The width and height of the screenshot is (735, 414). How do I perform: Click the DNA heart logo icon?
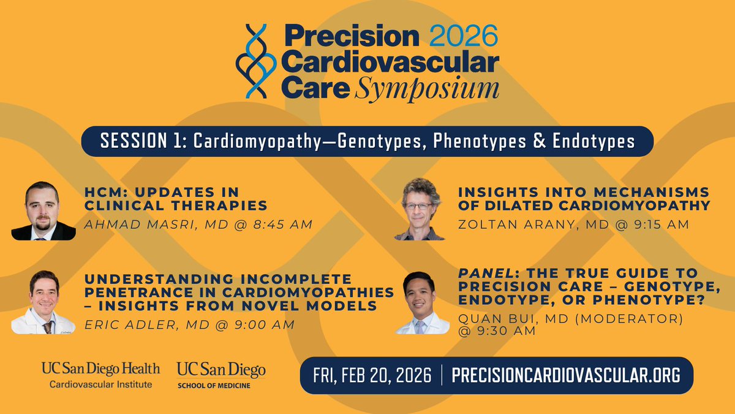(x=256, y=61)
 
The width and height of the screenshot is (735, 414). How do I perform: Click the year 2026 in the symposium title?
(x=464, y=36)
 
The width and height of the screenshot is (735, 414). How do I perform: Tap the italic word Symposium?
(x=427, y=89)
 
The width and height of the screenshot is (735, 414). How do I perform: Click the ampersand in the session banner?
(x=540, y=140)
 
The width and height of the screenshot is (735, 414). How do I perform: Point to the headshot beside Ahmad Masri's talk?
(x=43, y=210)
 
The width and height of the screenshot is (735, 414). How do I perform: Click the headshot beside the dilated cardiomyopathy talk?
(x=420, y=209)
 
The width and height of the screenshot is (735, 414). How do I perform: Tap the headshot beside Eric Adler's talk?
(x=43, y=302)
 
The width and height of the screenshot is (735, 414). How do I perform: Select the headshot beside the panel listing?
(x=422, y=303)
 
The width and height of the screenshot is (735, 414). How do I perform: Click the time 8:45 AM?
(x=282, y=224)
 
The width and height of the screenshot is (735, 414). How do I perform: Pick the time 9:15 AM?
(x=661, y=224)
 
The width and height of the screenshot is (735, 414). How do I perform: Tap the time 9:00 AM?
(x=264, y=324)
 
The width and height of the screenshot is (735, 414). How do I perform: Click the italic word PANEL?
(x=486, y=274)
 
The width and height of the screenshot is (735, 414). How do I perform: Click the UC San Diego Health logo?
(x=100, y=375)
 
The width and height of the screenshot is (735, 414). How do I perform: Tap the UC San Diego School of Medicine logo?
(x=221, y=375)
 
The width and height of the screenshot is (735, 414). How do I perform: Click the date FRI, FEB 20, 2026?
(x=372, y=375)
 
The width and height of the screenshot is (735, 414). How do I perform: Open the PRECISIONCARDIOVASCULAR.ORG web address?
(x=566, y=375)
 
